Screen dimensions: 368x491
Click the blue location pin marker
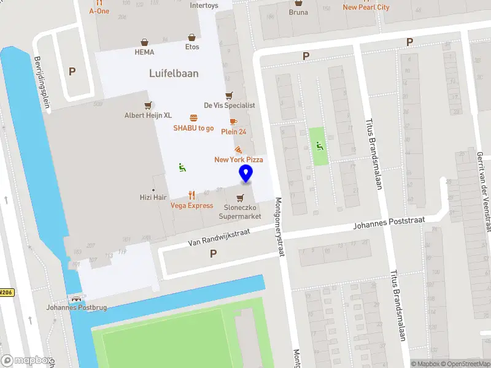[x=245, y=174]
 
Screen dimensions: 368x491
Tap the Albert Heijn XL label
[x=147, y=115]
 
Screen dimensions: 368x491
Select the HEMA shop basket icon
[x=144, y=43]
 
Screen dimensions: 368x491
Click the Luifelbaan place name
[x=174, y=73]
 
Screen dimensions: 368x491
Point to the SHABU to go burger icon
[x=193, y=118]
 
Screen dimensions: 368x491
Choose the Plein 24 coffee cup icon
[x=233, y=121]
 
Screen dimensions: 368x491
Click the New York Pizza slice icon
[x=238, y=150]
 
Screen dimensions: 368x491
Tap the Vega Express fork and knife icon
[x=191, y=195]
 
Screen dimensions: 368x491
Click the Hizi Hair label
[x=152, y=197]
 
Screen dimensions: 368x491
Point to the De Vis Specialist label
[x=229, y=105]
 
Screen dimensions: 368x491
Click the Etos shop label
[x=192, y=47]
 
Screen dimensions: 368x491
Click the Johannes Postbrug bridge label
[x=77, y=308]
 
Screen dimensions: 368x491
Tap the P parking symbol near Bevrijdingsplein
[x=72, y=71]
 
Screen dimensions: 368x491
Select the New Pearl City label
[x=366, y=7]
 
